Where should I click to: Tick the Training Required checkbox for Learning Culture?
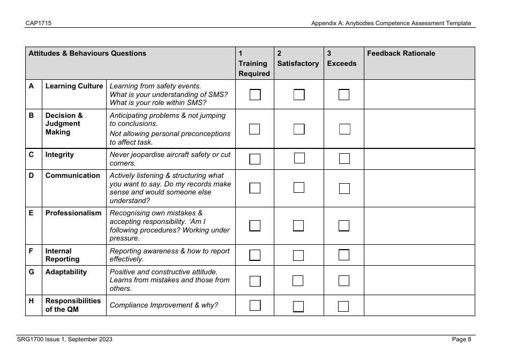pos(255,95)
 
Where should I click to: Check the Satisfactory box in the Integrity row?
pos(299,158)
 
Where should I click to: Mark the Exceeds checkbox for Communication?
pos(344,189)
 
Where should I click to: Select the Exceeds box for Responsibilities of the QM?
pos(344,306)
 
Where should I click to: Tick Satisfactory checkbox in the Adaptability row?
pos(298,281)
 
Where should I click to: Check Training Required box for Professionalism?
pos(255,226)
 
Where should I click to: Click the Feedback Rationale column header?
pos(401,54)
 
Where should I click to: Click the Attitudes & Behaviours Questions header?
pos(87,54)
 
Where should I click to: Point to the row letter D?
pos(32,176)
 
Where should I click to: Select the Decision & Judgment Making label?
pos(64,124)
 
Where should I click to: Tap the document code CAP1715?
pos(35,23)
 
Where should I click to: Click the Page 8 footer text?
pos(461,339)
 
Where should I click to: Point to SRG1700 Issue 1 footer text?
pos(64,339)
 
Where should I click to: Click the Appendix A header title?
pos(391,23)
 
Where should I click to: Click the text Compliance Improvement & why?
pos(163,305)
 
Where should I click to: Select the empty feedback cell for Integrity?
pos(419,159)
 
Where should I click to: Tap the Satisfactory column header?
pos(298,63)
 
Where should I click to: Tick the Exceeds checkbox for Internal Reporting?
pos(344,255)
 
